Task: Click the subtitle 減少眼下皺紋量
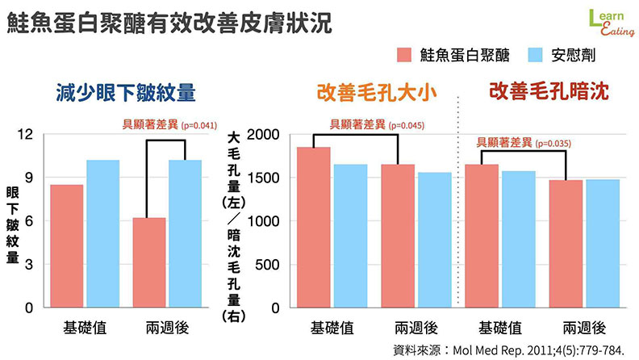[126, 92]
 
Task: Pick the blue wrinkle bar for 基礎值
[103, 233]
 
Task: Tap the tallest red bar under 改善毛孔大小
[315, 227]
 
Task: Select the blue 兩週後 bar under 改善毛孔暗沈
[603, 243]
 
